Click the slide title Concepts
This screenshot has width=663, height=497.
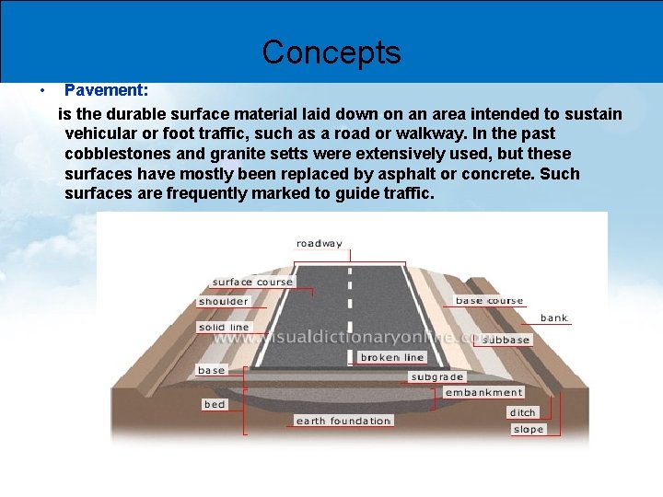(x=331, y=52)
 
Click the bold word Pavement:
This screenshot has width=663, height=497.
(x=107, y=91)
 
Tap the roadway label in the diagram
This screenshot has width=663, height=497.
(x=319, y=244)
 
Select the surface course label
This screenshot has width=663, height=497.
(x=252, y=282)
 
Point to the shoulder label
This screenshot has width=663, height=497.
(x=223, y=301)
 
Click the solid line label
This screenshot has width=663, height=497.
(x=224, y=327)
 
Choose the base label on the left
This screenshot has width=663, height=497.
(x=211, y=370)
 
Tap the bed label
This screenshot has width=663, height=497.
(x=214, y=404)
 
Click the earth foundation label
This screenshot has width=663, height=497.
(x=343, y=421)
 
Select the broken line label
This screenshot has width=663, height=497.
(x=392, y=357)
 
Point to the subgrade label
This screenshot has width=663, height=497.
(x=437, y=376)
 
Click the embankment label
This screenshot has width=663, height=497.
(x=483, y=392)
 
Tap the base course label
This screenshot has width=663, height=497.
(x=489, y=300)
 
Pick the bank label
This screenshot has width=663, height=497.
(x=554, y=318)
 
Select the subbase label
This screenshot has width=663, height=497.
(x=506, y=340)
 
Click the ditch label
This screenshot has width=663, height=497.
(x=522, y=412)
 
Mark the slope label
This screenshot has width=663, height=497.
(x=528, y=429)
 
